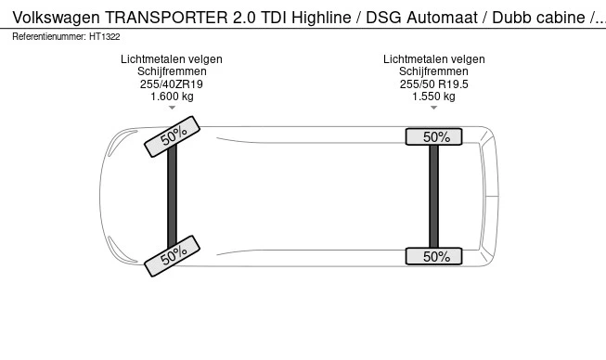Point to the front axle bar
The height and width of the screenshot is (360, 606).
coord(172,197)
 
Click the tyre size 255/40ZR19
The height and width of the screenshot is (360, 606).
coord(172,84)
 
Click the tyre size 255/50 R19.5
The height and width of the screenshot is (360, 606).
coord(434,84)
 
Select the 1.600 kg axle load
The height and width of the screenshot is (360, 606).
coord(172,96)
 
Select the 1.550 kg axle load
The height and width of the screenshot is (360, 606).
coord(434,96)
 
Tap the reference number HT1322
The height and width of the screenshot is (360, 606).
coord(105,36)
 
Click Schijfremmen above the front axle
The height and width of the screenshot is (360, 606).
coord(172,71)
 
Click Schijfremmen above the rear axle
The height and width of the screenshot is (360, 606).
coord(434,71)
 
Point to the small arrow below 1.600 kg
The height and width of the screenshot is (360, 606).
coord(172,109)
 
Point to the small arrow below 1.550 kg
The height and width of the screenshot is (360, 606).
coord(434,109)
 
